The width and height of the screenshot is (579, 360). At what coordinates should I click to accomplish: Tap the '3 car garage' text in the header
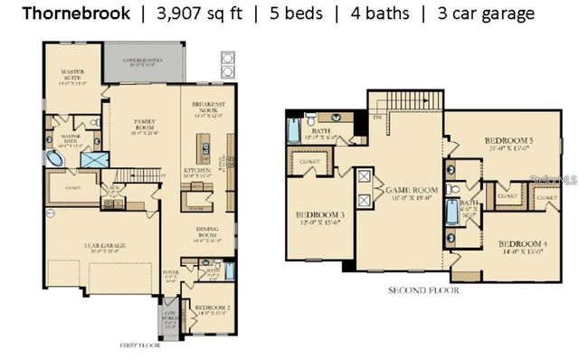486,14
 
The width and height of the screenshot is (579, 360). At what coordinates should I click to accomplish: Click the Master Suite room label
72,75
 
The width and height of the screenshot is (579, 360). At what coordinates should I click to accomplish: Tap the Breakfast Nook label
209,107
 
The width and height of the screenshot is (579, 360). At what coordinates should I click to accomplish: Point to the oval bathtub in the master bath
56,160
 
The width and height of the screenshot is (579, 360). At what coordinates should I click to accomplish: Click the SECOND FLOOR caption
423,291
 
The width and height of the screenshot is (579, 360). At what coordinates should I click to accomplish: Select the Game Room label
412,193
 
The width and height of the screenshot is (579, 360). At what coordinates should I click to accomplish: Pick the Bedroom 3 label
317,218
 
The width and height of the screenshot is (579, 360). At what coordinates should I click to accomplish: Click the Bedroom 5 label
508,143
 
